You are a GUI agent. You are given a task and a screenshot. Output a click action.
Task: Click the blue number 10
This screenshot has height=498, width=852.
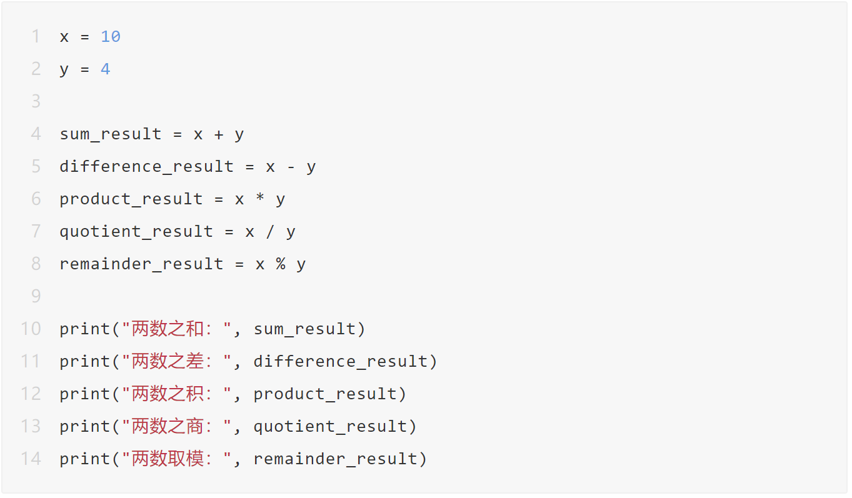[111, 37]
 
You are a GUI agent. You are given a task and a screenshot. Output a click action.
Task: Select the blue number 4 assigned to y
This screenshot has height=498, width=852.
[106, 69]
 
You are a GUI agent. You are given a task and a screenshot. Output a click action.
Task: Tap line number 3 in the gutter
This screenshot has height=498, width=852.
[36, 101]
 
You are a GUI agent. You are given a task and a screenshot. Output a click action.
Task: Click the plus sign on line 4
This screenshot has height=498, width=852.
[219, 134]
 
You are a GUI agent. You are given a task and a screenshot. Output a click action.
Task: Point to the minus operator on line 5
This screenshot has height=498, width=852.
[291, 167]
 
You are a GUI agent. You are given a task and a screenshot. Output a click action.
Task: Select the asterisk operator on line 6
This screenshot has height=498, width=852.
[260, 197]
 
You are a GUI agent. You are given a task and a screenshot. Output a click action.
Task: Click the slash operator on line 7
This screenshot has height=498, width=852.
[270, 232]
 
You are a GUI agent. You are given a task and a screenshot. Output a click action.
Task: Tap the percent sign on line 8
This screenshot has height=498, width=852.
[281, 264]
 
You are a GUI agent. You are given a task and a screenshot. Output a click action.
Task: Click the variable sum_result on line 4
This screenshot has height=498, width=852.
[111, 134]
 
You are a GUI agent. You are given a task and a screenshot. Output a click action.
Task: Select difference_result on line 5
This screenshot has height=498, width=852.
[147, 166]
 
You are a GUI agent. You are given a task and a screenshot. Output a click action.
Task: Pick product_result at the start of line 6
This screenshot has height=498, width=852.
[131, 199]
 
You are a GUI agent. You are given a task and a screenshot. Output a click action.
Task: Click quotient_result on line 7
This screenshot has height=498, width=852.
[136, 232]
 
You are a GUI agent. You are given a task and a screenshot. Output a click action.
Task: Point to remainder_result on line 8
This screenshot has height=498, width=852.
[141, 264]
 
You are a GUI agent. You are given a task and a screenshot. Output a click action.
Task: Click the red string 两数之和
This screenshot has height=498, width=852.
[168, 329]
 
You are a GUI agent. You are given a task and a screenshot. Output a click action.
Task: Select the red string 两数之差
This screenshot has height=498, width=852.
[168, 361]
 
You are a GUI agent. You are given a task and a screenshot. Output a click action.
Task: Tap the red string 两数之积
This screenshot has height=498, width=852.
[168, 394]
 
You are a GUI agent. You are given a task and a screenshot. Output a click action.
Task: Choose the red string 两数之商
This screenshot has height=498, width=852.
[168, 426]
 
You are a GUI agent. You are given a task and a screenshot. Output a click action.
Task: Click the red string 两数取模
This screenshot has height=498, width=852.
[168, 459]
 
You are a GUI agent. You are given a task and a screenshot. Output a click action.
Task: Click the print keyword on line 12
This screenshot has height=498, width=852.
[85, 394]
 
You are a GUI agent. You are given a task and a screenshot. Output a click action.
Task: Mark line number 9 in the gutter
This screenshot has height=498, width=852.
[36, 296]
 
